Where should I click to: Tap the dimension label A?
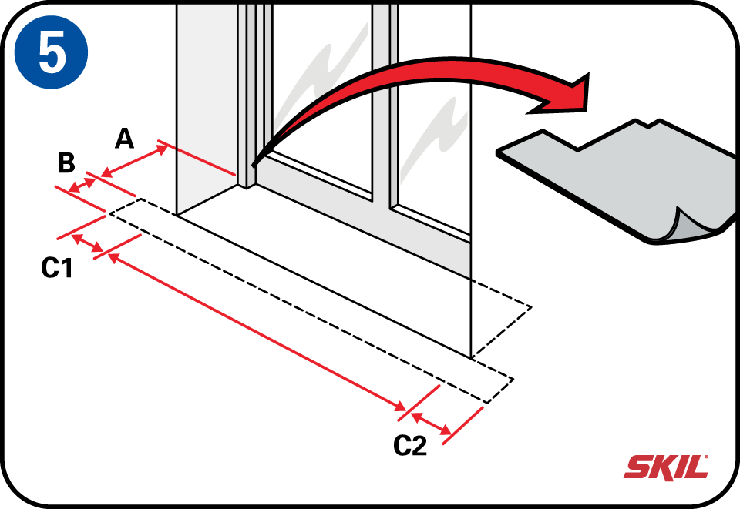pyautogui.click(x=125, y=139)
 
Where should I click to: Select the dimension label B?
pyautogui.click(x=66, y=163)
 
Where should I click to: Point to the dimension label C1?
pyautogui.click(x=57, y=269)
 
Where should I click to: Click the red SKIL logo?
pyautogui.click(x=665, y=467)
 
